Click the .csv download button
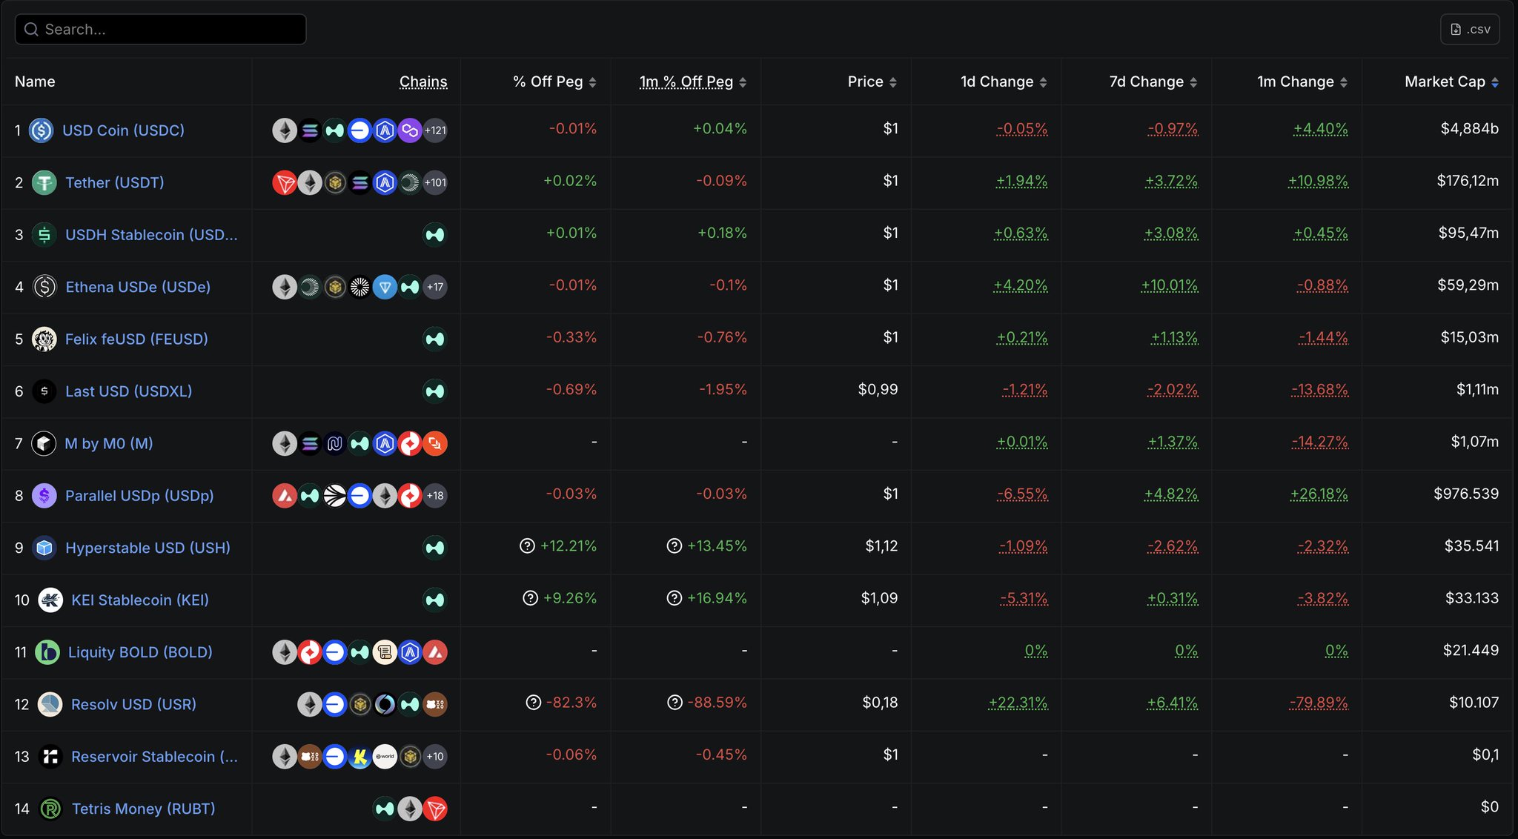(x=1470, y=30)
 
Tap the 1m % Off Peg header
(x=686, y=82)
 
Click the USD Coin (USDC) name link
(x=123, y=130)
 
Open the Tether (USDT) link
(x=114, y=183)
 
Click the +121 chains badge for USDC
(x=435, y=130)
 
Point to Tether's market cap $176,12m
(x=1467, y=181)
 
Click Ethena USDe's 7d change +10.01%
(x=1169, y=285)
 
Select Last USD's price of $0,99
(x=878, y=390)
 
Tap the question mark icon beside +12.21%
(x=527, y=546)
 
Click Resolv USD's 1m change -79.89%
(x=1319, y=703)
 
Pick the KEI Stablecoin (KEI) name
(x=139, y=600)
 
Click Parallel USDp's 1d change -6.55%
(x=1022, y=494)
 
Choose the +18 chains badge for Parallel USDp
(x=435, y=496)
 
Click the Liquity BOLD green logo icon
(x=47, y=652)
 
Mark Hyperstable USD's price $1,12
(x=881, y=546)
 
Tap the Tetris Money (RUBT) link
(x=143, y=809)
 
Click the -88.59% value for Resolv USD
(x=717, y=703)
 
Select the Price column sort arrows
(x=893, y=82)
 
